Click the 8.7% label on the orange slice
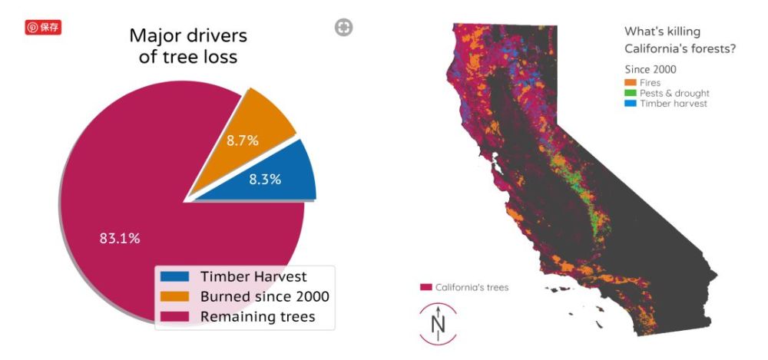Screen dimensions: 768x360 click(242, 140)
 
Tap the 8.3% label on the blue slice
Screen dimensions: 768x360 click(265, 180)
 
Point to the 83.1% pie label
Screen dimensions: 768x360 click(120, 239)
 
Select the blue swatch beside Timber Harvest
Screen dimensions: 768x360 click(174, 276)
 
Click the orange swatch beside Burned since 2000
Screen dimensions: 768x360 click(174, 296)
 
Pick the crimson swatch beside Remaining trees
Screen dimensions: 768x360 click(174, 316)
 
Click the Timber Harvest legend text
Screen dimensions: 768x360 click(253, 276)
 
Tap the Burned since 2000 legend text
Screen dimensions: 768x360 click(264, 296)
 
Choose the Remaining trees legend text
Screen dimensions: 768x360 click(257, 316)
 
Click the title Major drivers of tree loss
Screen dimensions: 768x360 click(188, 46)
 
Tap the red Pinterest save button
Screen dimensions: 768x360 click(43, 28)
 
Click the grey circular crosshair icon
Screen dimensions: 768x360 click(344, 28)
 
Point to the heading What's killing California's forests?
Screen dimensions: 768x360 click(681, 40)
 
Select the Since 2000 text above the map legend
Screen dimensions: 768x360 click(650, 70)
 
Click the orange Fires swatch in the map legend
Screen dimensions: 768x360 click(631, 82)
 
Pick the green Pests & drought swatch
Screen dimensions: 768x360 click(631, 93)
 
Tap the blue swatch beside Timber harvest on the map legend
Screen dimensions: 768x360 click(631, 104)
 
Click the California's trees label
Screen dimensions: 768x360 click(472, 288)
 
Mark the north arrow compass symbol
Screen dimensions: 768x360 click(439, 323)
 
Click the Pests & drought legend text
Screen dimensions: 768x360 click(674, 93)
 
